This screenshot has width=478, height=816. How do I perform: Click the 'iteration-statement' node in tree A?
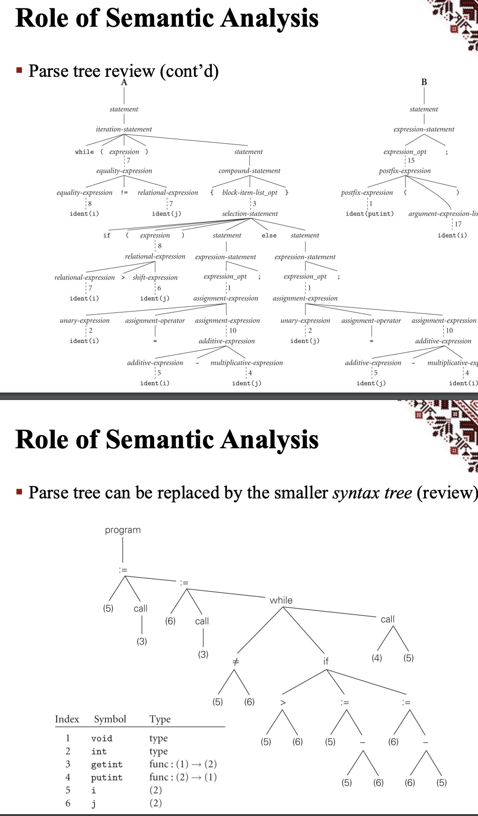point(124,129)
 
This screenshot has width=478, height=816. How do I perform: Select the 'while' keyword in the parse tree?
point(84,152)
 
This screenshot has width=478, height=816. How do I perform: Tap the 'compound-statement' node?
point(249,171)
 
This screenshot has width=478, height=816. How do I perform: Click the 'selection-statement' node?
point(250,214)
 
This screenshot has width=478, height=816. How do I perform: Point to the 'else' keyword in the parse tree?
point(269,236)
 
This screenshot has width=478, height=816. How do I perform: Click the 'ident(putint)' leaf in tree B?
point(369,214)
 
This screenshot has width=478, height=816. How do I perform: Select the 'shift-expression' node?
point(155,277)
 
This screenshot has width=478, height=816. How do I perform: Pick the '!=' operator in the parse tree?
point(124,193)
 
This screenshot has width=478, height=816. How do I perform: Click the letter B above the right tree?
point(424,82)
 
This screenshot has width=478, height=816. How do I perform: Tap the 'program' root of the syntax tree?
point(123,530)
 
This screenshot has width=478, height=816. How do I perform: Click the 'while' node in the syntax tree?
point(281,600)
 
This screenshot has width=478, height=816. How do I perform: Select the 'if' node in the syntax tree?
point(326,661)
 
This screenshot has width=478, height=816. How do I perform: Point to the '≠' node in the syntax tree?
point(236,661)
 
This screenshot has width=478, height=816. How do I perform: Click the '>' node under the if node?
point(283,702)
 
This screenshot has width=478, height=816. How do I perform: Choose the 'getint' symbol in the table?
point(107,764)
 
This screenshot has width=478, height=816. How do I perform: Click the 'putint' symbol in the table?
point(107,777)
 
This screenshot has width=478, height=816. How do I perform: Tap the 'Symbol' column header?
point(110,719)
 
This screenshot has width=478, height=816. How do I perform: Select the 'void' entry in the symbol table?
point(102,738)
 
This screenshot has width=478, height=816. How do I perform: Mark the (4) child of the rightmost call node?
point(377,658)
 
